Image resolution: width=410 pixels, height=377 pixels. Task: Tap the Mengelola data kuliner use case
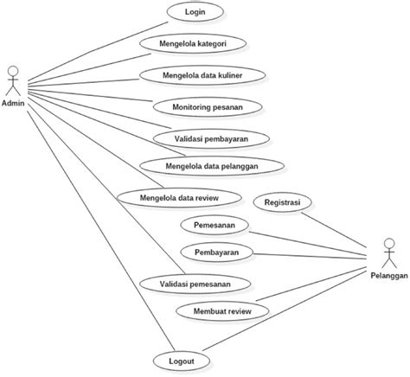[202, 75]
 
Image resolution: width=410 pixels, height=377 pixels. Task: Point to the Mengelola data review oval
[179, 197]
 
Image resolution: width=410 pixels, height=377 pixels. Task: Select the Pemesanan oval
[215, 225]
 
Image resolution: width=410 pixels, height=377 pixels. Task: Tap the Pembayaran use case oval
[216, 252]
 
